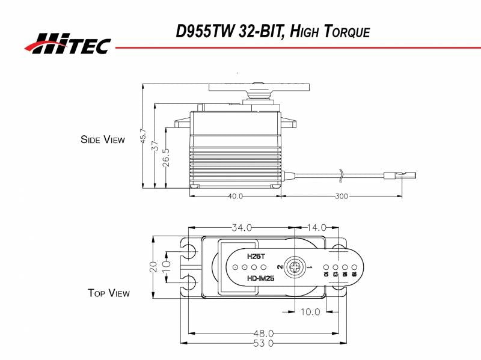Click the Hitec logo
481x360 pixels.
coord(67,43)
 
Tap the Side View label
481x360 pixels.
coord(103,139)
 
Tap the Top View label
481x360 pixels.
coord(109,293)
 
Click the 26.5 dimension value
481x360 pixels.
coord(167,157)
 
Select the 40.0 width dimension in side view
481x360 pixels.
coord(235,197)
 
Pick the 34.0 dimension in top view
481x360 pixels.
coord(242,228)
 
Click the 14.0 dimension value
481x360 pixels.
coord(316,228)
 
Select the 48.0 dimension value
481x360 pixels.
coord(263,333)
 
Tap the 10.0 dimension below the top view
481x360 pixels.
coord(310,311)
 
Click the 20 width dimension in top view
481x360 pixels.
coord(153,266)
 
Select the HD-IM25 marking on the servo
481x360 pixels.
coord(260,278)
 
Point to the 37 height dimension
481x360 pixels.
coord(155,145)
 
